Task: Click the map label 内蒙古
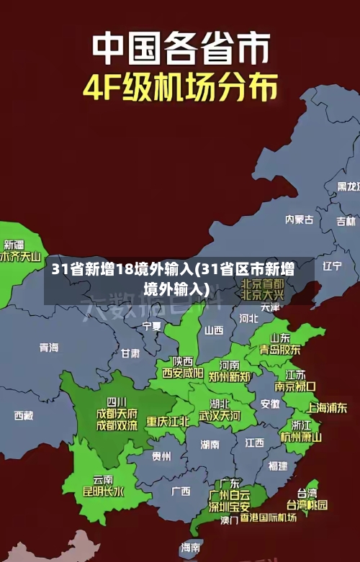coord(299,199)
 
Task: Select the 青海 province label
coord(49,348)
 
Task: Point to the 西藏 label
coord(24,415)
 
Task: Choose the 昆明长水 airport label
coord(103,492)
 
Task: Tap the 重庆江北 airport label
coord(168,421)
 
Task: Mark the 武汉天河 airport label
coord(220,416)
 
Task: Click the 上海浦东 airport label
coord(328,407)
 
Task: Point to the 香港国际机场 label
coord(269,517)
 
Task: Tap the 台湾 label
coord(307,493)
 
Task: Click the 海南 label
coord(191,548)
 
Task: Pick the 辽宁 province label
coord(332,266)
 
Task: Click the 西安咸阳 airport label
coord(182,373)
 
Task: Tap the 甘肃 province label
coord(130,353)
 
